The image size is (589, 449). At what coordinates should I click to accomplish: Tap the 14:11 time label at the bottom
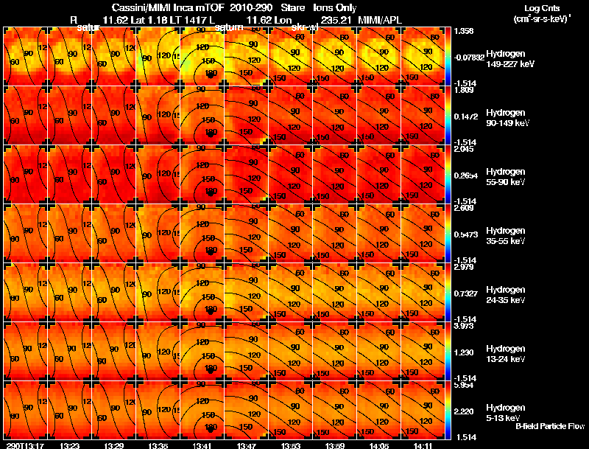coord(423,445)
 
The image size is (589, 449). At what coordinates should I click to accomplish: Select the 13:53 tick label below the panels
coord(291,445)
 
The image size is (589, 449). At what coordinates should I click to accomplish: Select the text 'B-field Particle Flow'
coord(549,426)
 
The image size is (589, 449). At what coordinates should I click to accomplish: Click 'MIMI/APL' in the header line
coord(379,18)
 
